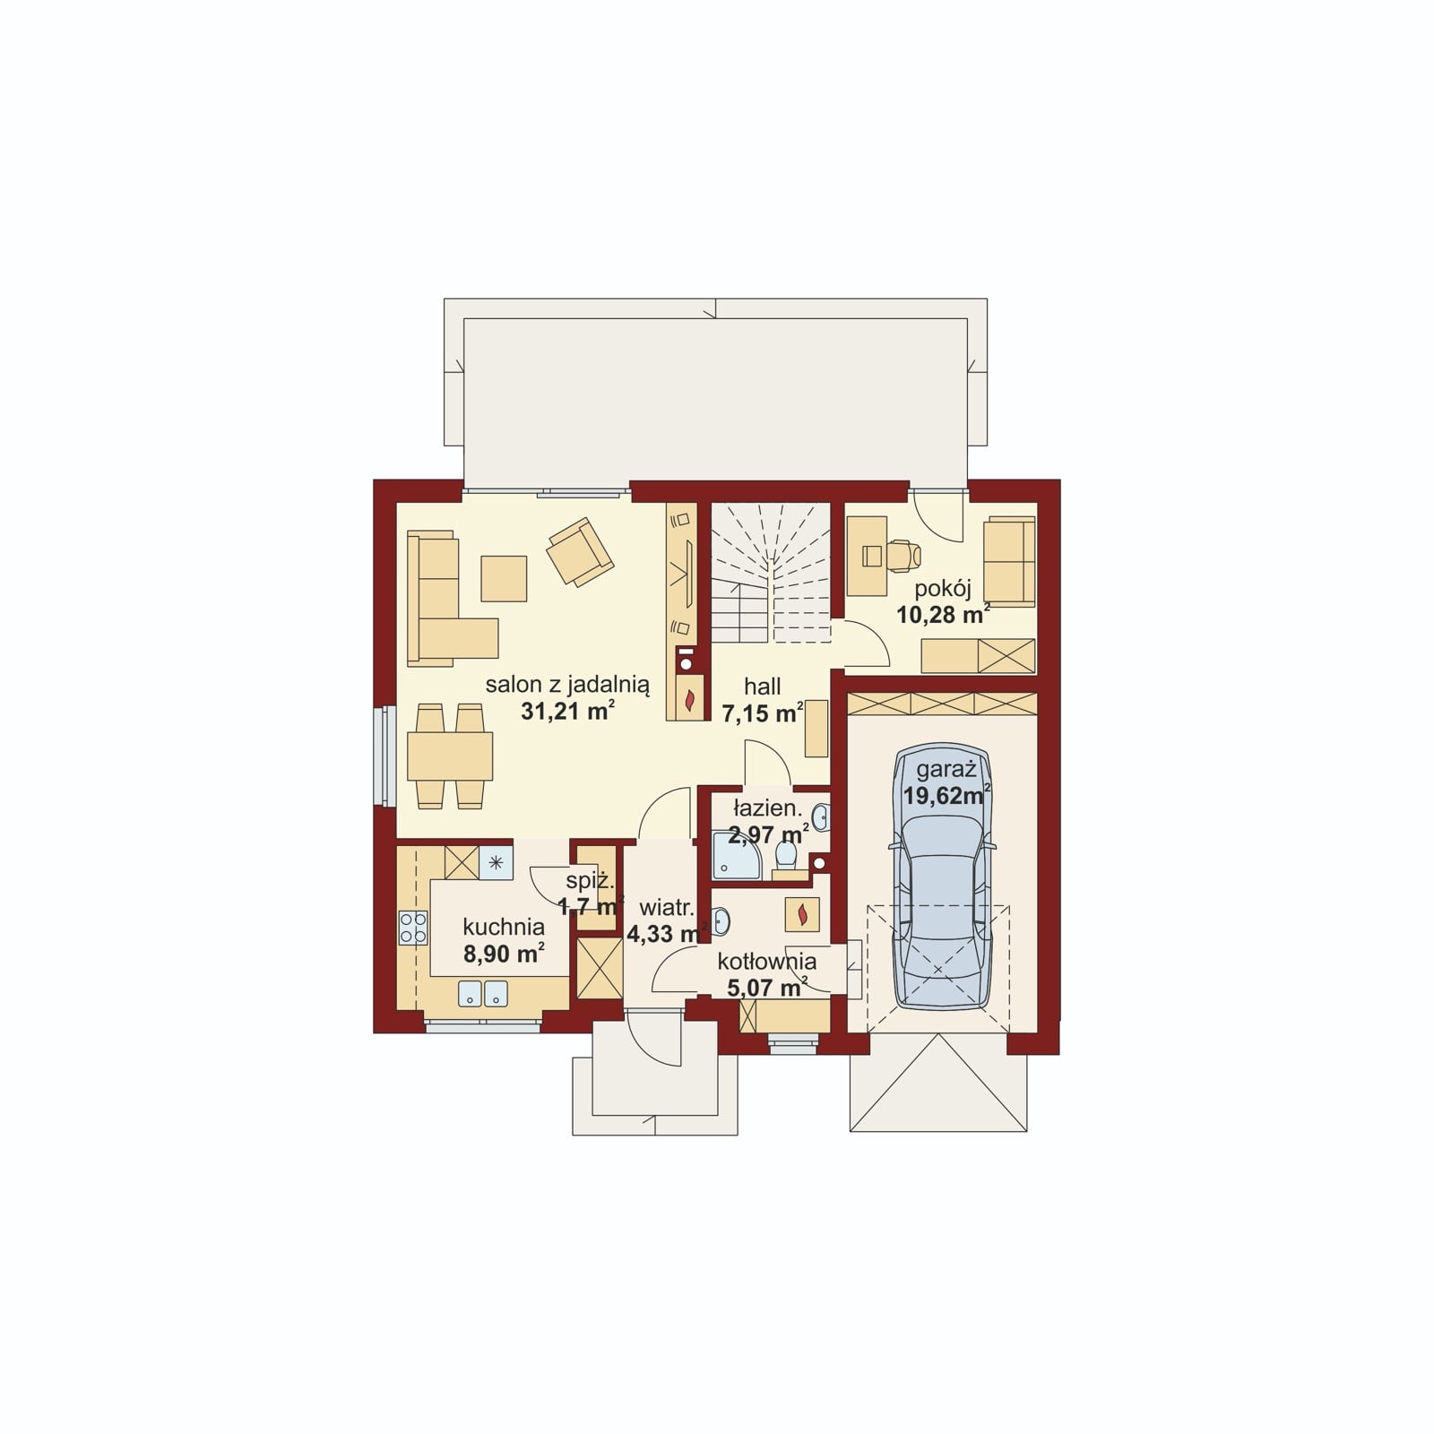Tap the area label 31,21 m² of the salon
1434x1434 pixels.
(567, 712)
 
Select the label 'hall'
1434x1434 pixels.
(762, 687)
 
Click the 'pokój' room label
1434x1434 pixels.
(943, 590)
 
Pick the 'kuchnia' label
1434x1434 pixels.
(504, 927)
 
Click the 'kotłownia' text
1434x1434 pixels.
(766, 963)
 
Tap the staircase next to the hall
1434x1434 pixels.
(771, 574)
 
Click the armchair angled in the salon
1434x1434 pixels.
(581, 552)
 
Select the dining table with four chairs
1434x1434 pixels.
(450, 756)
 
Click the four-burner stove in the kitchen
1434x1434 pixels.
(413, 928)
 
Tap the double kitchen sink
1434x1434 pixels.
(483, 994)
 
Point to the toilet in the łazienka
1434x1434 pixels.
(785, 856)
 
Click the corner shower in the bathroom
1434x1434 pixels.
(736, 855)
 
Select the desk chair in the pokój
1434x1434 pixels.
(904, 556)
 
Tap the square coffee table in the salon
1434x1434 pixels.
(504, 578)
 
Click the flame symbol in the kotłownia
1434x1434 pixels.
(803, 914)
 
